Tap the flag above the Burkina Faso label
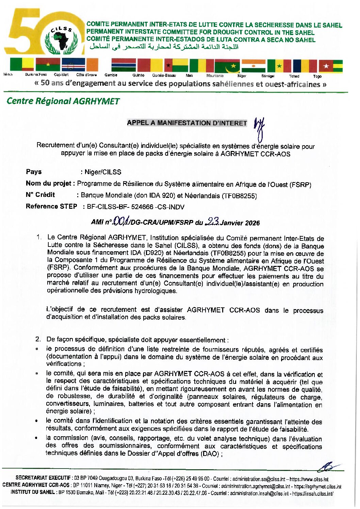coord(48,65)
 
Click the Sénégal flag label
coord(267,76)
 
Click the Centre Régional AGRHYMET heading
coord(63,101)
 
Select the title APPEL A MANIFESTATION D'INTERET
coord(187,123)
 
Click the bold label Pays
coord(34,172)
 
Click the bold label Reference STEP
coord(51,206)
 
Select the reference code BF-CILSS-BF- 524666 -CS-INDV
coord(135,207)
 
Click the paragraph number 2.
coord(38,339)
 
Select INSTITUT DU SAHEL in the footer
coord(33,492)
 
